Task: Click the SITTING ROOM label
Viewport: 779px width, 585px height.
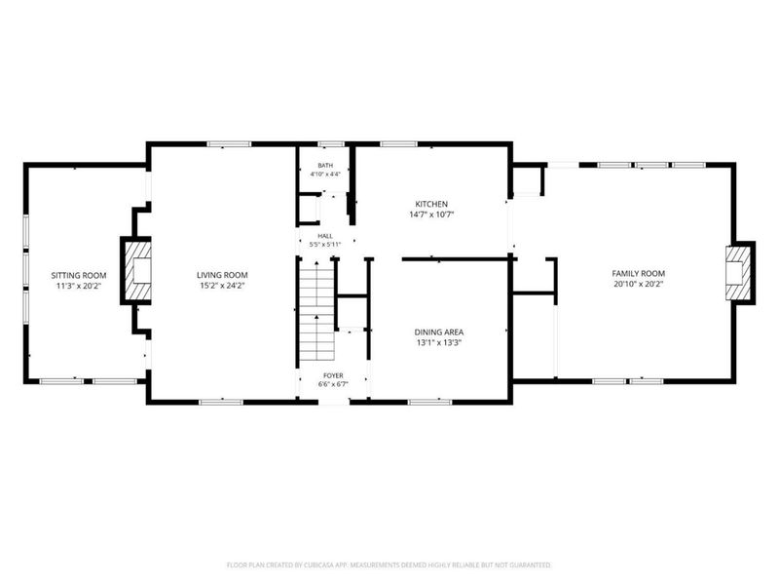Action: pyautogui.click(x=79, y=275)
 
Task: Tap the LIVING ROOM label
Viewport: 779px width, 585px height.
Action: pyautogui.click(x=222, y=275)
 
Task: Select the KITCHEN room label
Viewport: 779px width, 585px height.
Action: pyautogui.click(x=431, y=204)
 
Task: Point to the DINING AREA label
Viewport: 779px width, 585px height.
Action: pyautogui.click(x=439, y=332)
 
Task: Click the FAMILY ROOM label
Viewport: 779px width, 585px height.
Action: pyautogui.click(x=639, y=274)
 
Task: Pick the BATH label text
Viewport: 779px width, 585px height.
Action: pyautogui.click(x=325, y=166)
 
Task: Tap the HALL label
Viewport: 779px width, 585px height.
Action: pyautogui.click(x=325, y=236)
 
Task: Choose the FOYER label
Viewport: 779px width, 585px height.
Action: pyautogui.click(x=333, y=375)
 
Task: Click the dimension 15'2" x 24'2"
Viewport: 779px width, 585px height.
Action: pyautogui.click(x=222, y=286)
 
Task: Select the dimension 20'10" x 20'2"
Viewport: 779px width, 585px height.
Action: pyautogui.click(x=639, y=284)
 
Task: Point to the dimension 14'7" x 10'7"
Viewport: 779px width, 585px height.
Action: pyautogui.click(x=431, y=214)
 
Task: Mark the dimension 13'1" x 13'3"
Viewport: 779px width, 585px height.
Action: pyautogui.click(x=439, y=343)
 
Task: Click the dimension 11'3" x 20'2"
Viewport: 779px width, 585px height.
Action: pyautogui.click(x=79, y=286)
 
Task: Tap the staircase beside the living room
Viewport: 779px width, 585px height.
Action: pyautogui.click(x=317, y=309)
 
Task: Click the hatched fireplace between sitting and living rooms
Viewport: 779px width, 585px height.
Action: pyautogui.click(x=137, y=271)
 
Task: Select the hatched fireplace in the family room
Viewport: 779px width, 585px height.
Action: pyautogui.click(x=739, y=273)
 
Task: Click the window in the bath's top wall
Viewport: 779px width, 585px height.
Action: pyautogui.click(x=331, y=144)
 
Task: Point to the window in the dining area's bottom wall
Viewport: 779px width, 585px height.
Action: pyautogui.click(x=429, y=402)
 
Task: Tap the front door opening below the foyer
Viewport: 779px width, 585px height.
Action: pyautogui.click(x=334, y=401)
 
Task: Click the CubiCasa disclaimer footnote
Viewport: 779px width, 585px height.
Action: pyautogui.click(x=389, y=565)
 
